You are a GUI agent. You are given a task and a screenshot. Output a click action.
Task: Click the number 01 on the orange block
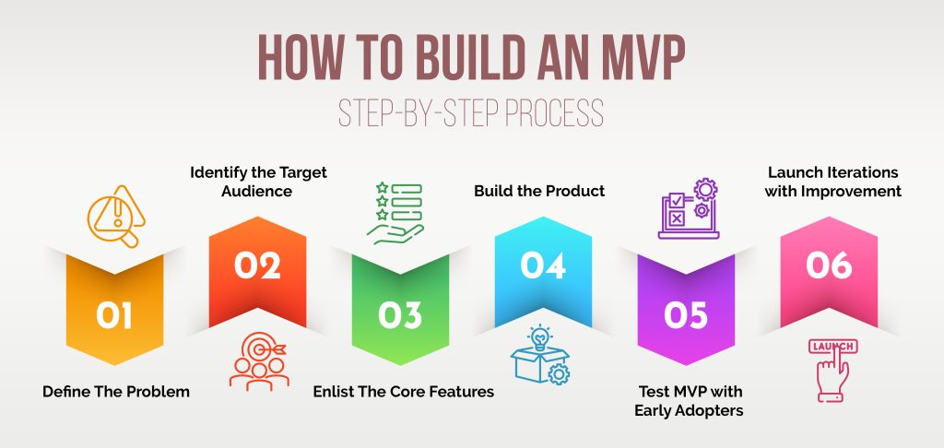[114, 315]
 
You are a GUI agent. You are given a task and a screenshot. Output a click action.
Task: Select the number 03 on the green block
[400, 315]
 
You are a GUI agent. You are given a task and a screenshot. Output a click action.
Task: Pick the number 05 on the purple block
[685, 315]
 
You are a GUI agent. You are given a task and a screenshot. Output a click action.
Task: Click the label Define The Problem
[116, 392]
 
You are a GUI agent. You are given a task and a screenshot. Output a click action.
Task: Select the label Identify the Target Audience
[258, 182]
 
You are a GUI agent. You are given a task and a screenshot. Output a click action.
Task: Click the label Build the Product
[539, 191]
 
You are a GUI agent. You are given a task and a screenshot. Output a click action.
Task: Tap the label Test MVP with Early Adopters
[688, 401]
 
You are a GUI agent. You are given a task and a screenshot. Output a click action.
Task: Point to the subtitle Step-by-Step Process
[471, 114]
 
